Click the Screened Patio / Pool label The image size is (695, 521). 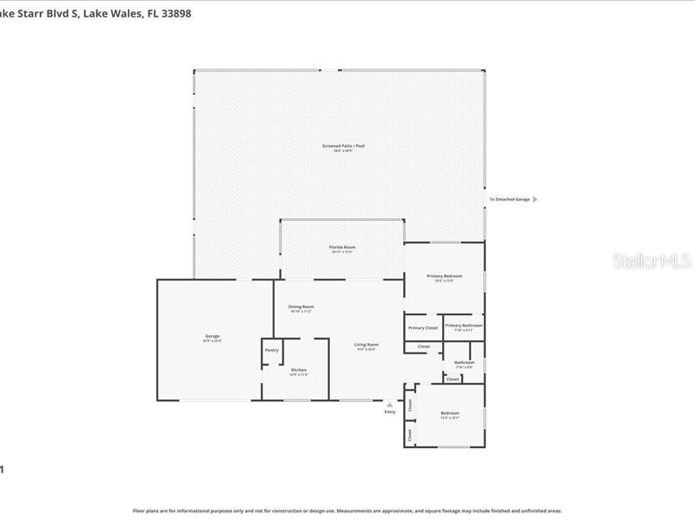tap(343, 146)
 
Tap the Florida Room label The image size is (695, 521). tap(341, 247)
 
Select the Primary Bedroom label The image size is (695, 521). tap(444, 276)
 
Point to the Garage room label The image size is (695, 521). tap(212, 336)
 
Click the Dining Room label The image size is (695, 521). tap(301, 307)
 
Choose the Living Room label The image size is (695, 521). tap(366, 345)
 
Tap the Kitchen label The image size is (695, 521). tap(298, 370)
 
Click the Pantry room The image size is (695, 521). tap(272, 350)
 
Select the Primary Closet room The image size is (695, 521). tap(423, 327)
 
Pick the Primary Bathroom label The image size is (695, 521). tap(463, 326)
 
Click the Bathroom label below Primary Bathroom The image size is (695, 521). tap(464, 362)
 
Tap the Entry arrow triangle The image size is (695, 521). tap(389, 404)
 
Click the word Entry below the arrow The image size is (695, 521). tap(389, 412)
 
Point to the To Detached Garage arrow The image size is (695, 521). tap(534, 200)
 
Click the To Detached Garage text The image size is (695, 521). tap(509, 200)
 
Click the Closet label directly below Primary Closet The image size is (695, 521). tap(424, 346)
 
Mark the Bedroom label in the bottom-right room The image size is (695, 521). tap(449, 413)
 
